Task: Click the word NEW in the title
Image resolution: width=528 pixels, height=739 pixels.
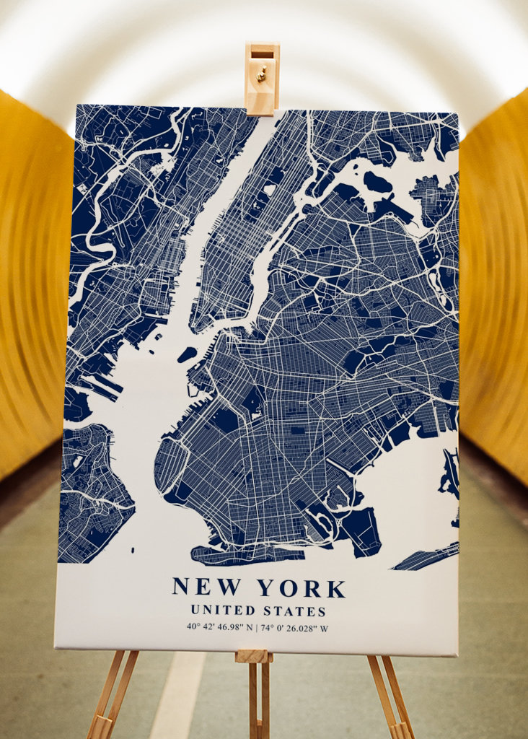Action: point(206,587)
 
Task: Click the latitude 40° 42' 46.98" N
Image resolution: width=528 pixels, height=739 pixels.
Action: point(219,627)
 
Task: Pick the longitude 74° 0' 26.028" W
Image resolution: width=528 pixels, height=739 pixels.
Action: point(295,627)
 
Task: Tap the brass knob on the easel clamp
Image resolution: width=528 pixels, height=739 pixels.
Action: point(262,72)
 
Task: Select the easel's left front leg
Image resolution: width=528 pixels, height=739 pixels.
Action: point(108,696)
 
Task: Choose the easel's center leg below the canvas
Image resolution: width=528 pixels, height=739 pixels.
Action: point(255,696)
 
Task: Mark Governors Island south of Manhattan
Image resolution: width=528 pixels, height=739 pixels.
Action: point(187,354)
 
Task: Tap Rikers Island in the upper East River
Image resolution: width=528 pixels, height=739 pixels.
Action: point(377,182)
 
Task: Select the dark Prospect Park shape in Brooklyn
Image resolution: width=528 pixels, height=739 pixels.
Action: point(252,401)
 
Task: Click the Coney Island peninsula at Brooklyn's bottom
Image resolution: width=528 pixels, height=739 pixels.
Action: point(245,554)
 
